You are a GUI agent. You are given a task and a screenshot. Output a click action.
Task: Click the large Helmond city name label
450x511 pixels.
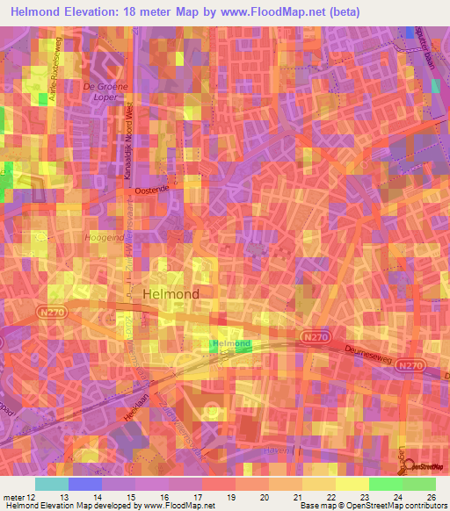click(171, 293)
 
